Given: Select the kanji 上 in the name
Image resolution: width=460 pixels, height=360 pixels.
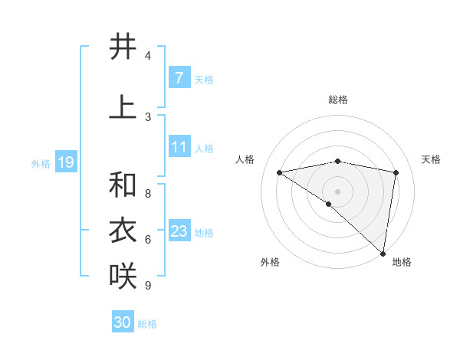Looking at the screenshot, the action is (x=123, y=107).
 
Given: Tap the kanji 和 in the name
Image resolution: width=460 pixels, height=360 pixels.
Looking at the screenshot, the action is (x=123, y=185).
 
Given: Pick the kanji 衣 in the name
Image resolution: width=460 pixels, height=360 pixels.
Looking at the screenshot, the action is (x=123, y=231).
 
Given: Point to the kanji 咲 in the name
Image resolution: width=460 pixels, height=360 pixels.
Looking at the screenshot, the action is (x=123, y=276).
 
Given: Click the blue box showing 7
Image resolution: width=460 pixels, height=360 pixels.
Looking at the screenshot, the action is (x=179, y=78).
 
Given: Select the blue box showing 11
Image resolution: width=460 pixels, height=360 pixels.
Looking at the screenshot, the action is (x=179, y=147).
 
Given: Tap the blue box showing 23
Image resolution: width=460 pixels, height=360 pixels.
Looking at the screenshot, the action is (x=179, y=231).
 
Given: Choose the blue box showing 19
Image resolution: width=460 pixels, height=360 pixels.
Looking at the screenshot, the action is (x=65, y=162).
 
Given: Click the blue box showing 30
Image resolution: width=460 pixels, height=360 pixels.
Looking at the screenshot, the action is (x=123, y=322).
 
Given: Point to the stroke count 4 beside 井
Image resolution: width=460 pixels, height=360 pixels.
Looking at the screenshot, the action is (x=148, y=56).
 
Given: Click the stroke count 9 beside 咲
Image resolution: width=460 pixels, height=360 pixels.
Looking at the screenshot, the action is (x=148, y=286).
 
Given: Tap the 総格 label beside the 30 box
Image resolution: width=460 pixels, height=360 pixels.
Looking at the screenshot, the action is (x=148, y=324).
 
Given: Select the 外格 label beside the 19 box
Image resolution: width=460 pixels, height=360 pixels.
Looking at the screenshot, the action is (x=41, y=164).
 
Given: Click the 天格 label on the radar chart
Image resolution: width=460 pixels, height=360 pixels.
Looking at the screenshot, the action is (x=431, y=159).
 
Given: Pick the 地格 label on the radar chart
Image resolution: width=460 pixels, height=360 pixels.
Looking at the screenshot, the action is (x=402, y=262).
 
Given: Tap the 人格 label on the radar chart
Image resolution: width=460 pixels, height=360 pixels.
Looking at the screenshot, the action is (x=245, y=159).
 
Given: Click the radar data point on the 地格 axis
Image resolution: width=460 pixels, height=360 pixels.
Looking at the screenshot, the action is (x=383, y=253).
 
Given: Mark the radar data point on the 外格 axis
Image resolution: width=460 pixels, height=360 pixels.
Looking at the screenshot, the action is (x=329, y=204).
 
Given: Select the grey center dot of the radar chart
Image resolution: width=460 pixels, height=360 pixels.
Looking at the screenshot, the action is (x=337, y=190).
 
